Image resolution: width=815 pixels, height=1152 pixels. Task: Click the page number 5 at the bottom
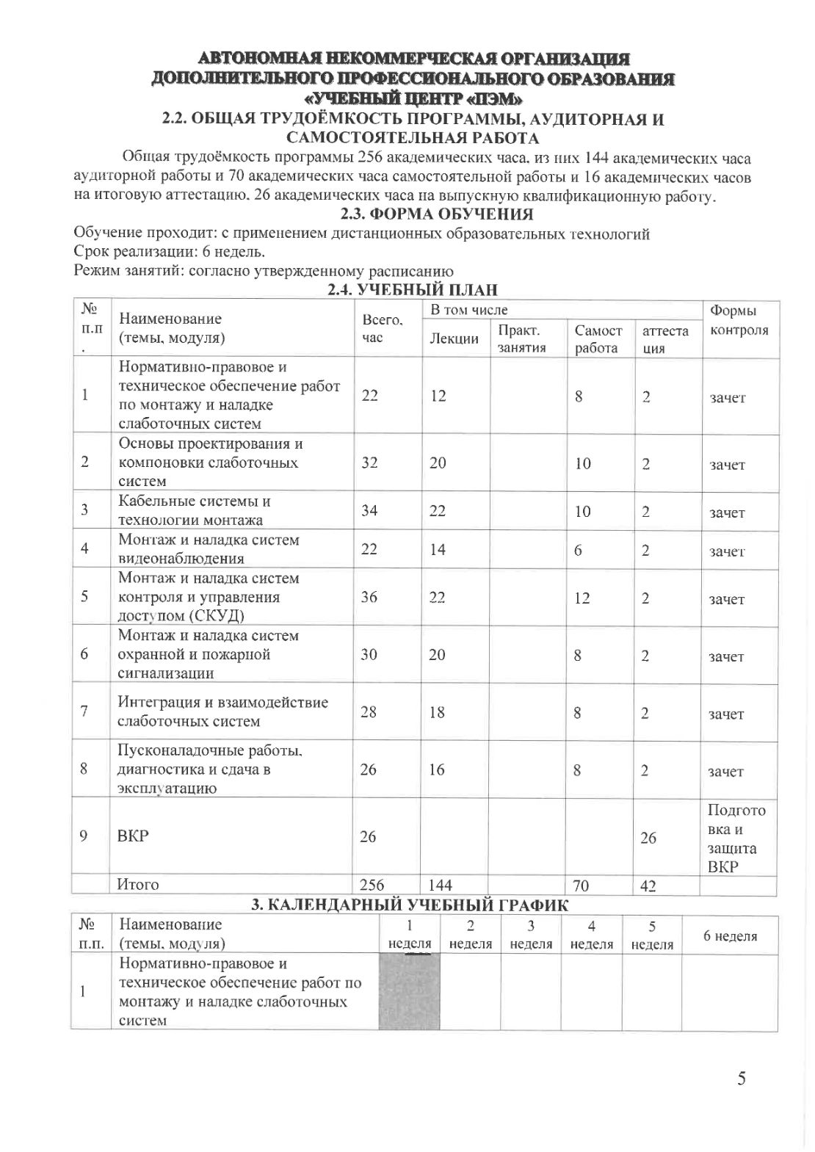[x=742, y=1078]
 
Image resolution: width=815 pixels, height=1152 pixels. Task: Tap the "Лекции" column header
[x=454, y=338]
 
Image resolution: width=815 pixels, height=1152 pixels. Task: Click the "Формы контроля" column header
[x=738, y=321]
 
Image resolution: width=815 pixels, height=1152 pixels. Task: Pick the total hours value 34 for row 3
[x=369, y=510]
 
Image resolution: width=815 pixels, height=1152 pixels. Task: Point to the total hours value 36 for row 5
[x=369, y=597]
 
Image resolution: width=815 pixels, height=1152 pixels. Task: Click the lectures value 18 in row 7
[x=437, y=712]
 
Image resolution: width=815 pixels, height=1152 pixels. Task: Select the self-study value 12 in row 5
[x=582, y=598]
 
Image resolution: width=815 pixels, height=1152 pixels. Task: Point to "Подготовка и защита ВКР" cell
[x=736, y=838]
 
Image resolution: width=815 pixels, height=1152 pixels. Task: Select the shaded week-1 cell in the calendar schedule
[x=409, y=991]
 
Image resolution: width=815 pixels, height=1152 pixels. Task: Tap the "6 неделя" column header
[x=730, y=935]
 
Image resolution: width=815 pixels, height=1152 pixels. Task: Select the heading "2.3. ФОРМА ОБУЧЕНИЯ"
[x=437, y=214]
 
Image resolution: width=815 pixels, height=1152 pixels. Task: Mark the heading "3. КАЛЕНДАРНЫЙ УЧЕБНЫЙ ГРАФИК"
[x=410, y=905]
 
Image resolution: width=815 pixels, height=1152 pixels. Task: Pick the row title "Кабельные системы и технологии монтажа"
[x=195, y=511]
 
